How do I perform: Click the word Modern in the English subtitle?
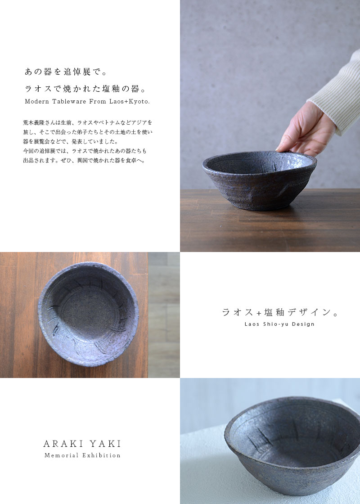[x=37, y=102]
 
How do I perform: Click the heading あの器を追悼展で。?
[x=66, y=72]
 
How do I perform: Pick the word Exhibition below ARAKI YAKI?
[x=101, y=455]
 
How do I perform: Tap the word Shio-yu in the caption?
[x=275, y=324]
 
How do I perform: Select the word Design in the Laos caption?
[x=303, y=324]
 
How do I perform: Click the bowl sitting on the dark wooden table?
[x=259, y=180]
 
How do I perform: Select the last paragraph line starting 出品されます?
[x=84, y=160]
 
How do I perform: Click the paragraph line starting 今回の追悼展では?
[x=85, y=151]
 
